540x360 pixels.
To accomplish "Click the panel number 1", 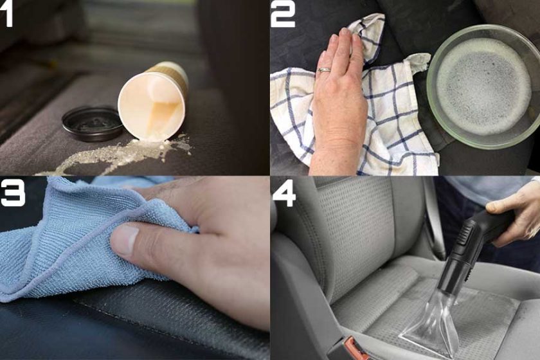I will click(7, 15).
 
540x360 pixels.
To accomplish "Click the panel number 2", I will click(282, 15).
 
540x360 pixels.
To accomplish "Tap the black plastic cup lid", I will click(93, 123).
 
